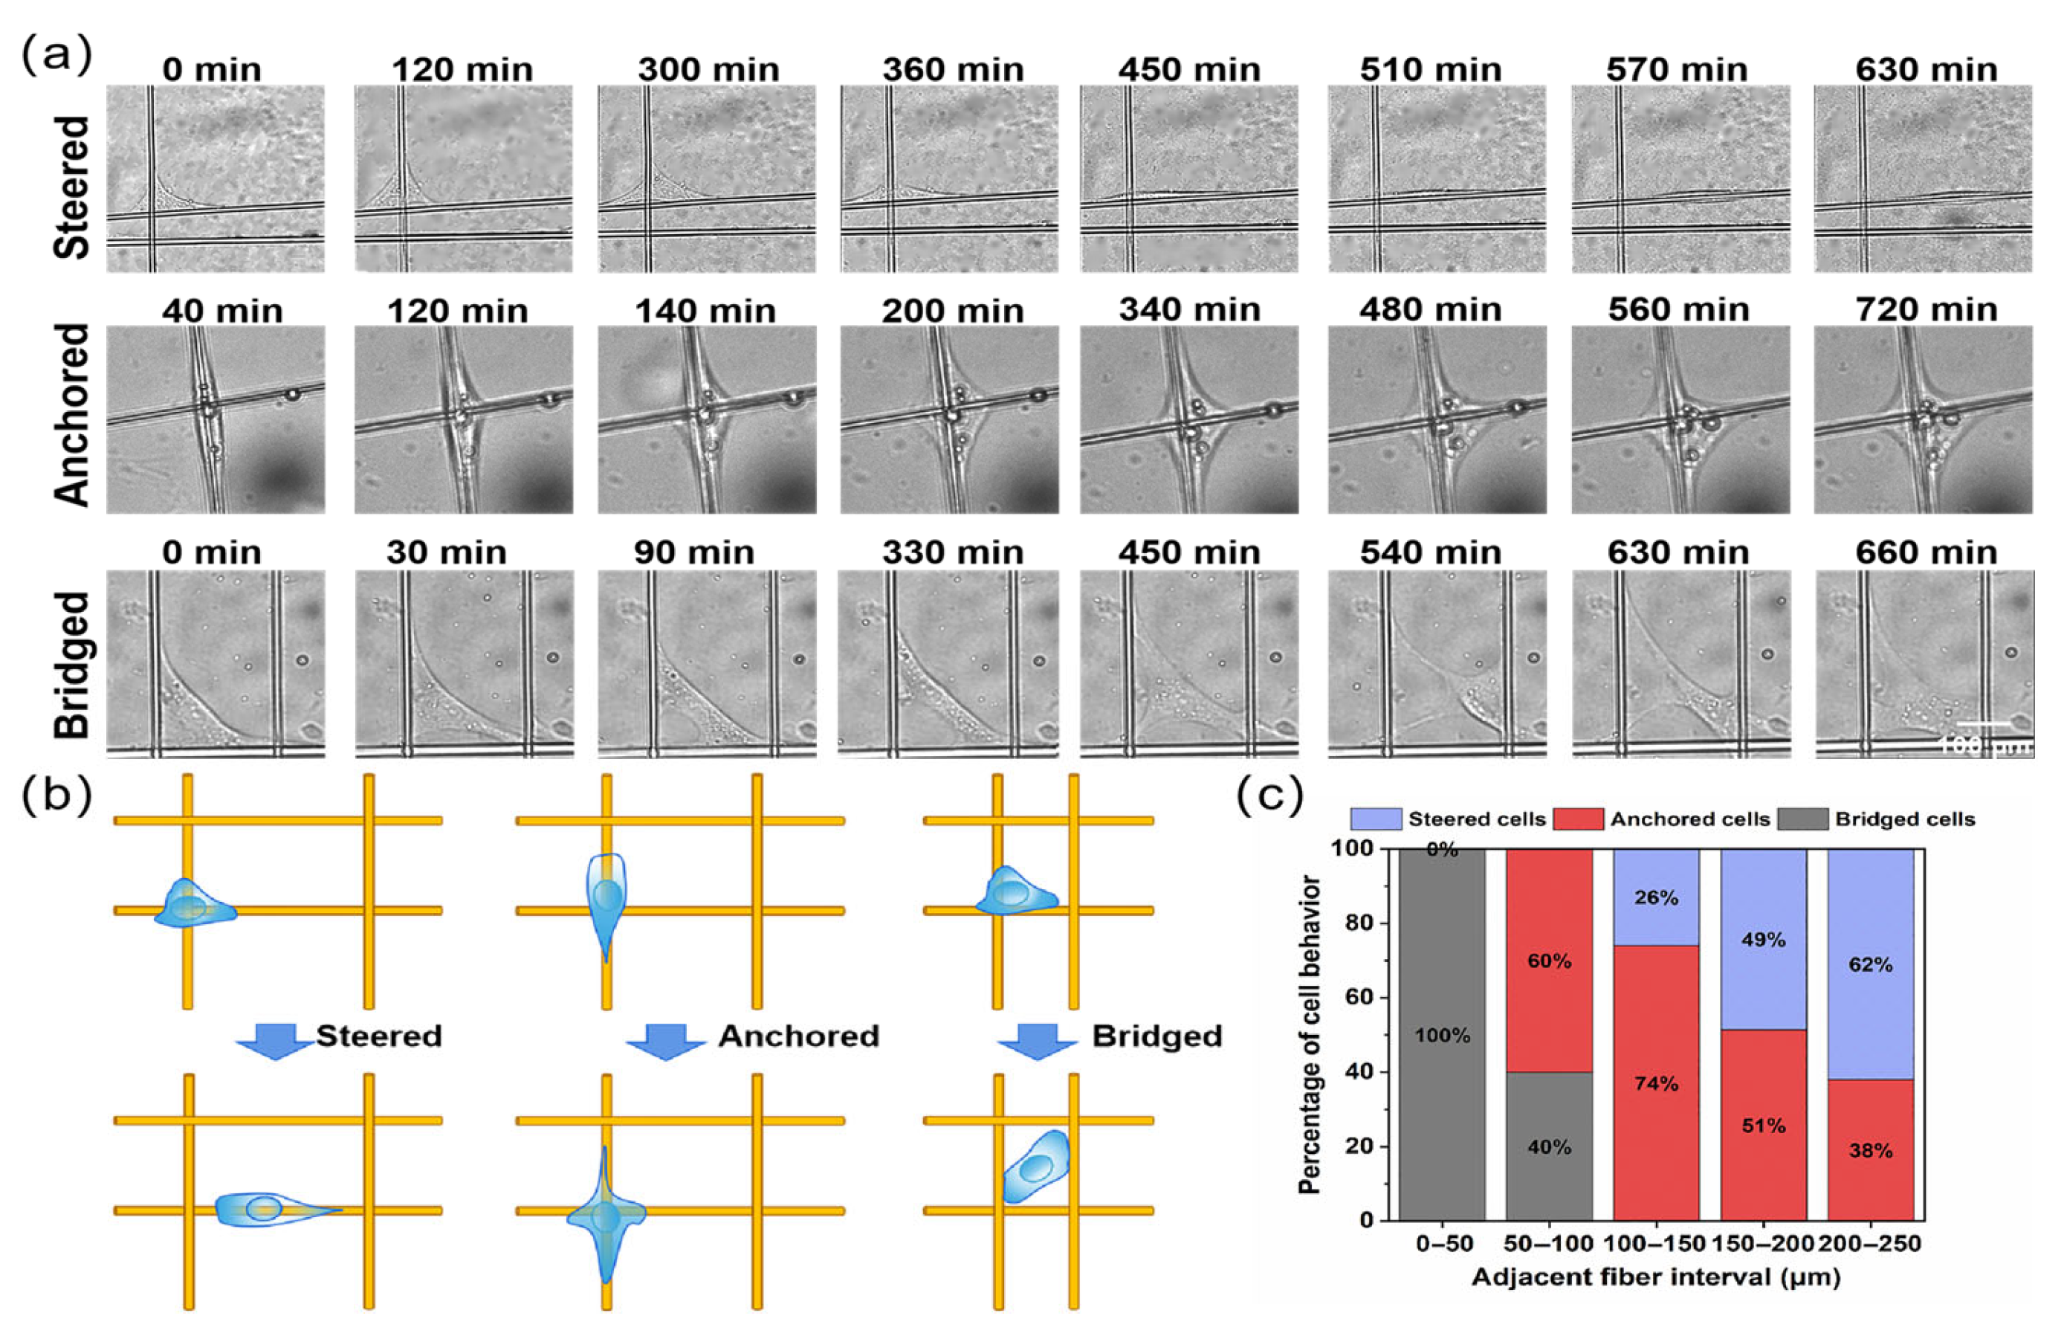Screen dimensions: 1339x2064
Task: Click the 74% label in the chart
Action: (x=1657, y=1083)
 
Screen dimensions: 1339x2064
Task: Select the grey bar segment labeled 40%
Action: (x=1549, y=1146)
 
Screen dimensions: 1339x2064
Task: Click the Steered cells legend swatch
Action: (x=1376, y=819)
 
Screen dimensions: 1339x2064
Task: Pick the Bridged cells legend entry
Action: (x=1904, y=819)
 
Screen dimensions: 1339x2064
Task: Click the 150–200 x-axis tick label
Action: (x=1763, y=1244)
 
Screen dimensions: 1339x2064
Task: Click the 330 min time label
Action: (x=952, y=552)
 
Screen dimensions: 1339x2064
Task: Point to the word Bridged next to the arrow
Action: (x=1157, y=1036)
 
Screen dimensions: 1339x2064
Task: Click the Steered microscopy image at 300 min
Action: (x=707, y=178)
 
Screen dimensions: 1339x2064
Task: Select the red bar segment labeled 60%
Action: (x=1549, y=961)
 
